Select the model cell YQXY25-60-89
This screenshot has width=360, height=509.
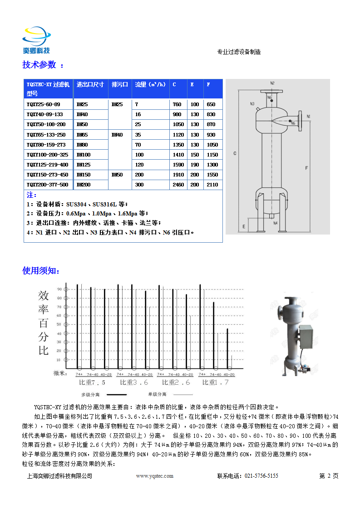click(x=43, y=104)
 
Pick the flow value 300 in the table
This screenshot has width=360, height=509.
click(x=139, y=185)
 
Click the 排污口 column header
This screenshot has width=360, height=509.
click(x=119, y=84)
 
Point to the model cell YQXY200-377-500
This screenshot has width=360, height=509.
click(x=47, y=185)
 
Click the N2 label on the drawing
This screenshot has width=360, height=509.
click(x=272, y=83)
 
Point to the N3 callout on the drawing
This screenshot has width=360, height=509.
click(x=252, y=104)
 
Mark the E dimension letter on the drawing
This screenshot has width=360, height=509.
click(x=244, y=225)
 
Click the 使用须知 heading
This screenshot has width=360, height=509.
click(x=40, y=271)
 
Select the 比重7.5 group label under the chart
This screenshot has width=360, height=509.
click(x=92, y=382)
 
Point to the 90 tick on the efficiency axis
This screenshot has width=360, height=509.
click(x=59, y=289)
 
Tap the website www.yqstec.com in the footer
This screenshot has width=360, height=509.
click(x=155, y=476)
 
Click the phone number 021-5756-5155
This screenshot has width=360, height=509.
click(x=261, y=476)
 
